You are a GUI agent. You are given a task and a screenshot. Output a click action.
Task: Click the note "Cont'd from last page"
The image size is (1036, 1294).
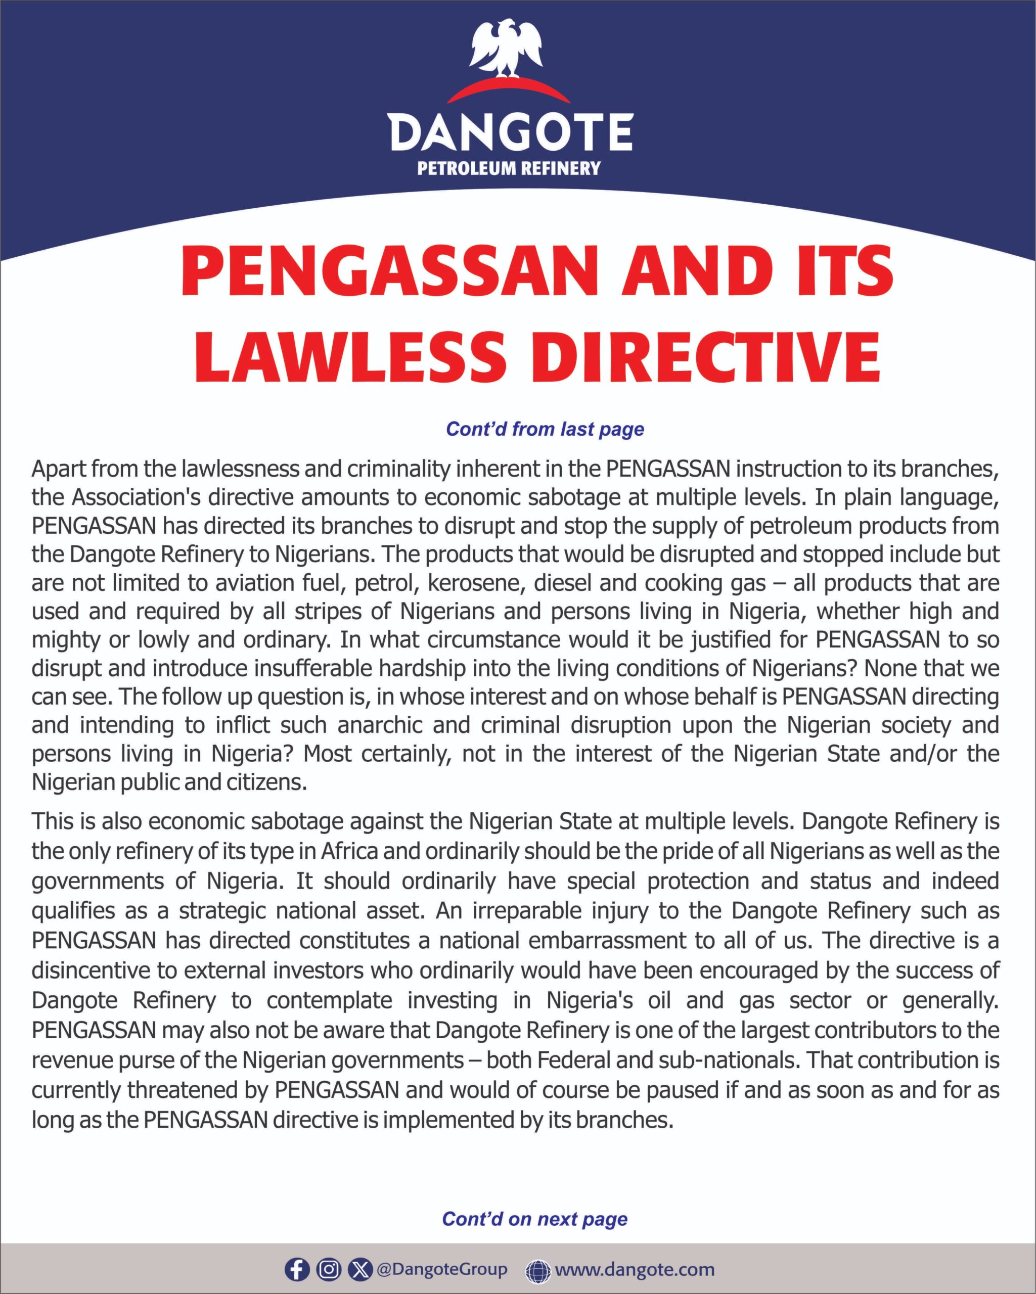[545, 429]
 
